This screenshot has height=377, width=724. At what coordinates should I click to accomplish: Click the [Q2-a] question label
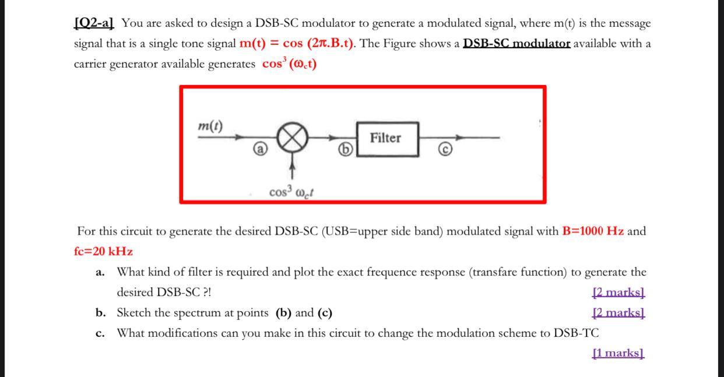(x=94, y=24)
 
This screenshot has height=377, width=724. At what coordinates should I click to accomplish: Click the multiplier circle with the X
(x=292, y=138)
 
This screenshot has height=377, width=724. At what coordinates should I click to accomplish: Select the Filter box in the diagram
(x=388, y=139)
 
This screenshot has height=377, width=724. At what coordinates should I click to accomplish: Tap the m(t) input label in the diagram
(x=210, y=126)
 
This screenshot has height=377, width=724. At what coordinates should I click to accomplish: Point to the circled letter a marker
(x=261, y=150)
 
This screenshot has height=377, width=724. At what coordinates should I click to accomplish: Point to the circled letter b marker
(x=346, y=150)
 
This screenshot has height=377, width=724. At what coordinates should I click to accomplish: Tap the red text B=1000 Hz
(x=593, y=231)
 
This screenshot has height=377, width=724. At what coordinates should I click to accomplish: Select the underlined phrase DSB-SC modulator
(x=516, y=44)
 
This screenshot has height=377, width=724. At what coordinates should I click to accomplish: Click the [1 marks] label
(x=617, y=353)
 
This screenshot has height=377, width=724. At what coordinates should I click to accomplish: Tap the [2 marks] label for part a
(x=618, y=292)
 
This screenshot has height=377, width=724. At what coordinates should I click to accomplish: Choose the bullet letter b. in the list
(x=100, y=313)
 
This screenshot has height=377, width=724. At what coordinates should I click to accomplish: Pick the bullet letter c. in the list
(x=100, y=333)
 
